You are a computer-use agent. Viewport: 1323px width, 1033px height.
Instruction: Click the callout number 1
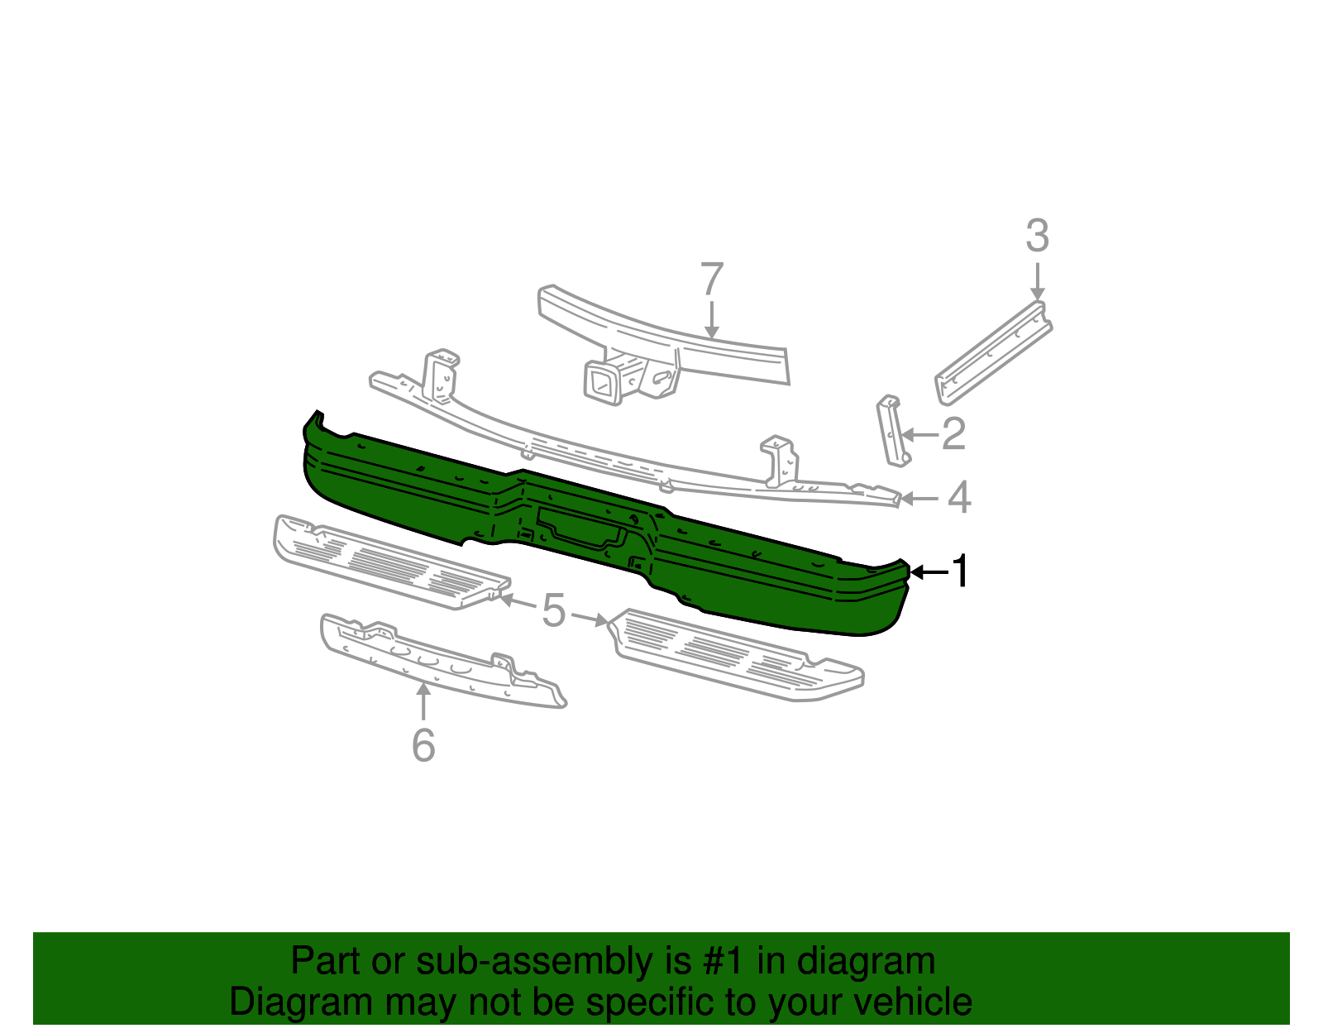[x=960, y=571]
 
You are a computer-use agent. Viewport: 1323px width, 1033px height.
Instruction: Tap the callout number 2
[x=953, y=433]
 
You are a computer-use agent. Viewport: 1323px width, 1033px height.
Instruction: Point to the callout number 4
[x=958, y=498]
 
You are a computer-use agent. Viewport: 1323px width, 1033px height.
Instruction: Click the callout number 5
[x=553, y=612]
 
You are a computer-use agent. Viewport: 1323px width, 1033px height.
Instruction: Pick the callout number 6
[x=423, y=745]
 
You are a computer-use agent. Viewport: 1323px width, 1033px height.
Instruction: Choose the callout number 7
[x=711, y=279]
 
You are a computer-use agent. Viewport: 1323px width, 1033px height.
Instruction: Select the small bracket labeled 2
[x=891, y=430]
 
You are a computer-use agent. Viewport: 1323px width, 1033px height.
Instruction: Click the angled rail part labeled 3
[x=992, y=354]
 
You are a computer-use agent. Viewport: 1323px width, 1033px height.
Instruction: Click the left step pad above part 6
[x=389, y=562]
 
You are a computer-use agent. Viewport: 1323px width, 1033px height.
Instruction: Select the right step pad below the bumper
[x=736, y=657]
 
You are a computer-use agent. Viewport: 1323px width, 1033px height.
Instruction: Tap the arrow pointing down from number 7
[x=711, y=318]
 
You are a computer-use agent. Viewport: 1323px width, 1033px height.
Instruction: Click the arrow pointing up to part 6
[x=423, y=703]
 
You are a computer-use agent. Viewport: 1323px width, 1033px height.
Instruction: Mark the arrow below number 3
[x=1037, y=281]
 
